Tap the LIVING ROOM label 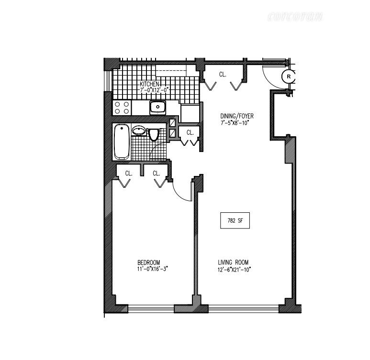(233, 262)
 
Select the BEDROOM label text (148, 262)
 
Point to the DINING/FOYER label (236, 116)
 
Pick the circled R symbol (289, 76)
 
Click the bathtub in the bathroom (122, 142)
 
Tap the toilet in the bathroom (154, 135)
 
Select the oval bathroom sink (139, 131)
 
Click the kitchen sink (157, 107)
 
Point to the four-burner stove (122, 108)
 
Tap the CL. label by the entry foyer (223, 75)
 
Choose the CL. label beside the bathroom (190, 132)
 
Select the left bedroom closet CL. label (128, 174)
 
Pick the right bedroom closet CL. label (156, 174)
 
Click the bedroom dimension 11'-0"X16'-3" (152, 269)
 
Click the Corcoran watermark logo (295, 18)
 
